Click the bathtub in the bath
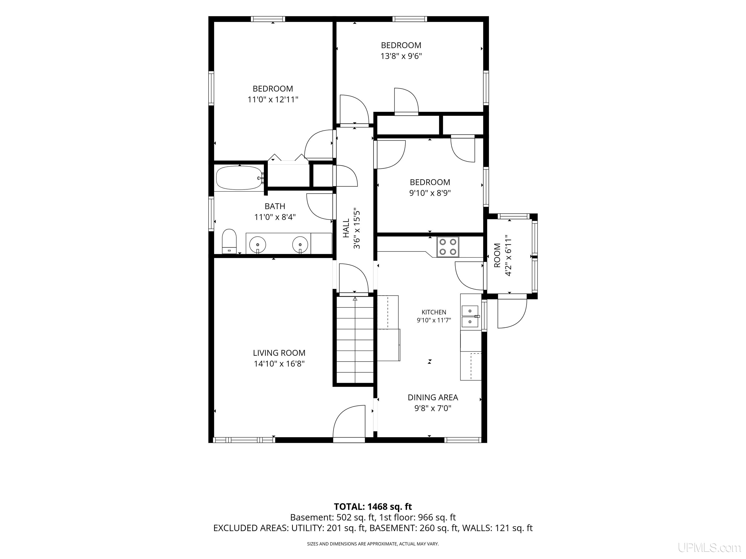pyautogui.click(x=239, y=178)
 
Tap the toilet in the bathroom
pyautogui.click(x=229, y=241)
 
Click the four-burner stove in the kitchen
pyautogui.click(x=448, y=247)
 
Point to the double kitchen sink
pyautogui.click(x=470, y=317)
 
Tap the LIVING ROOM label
pyautogui.click(x=279, y=353)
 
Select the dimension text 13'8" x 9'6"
pyautogui.click(x=401, y=56)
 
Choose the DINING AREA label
pyautogui.click(x=433, y=397)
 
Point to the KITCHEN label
pyautogui.click(x=434, y=312)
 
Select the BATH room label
pyautogui.click(x=275, y=206)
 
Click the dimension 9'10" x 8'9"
pyautogui.click(x=430, y=193)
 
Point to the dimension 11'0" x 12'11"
pyautogui.click(x=273, y=100)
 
